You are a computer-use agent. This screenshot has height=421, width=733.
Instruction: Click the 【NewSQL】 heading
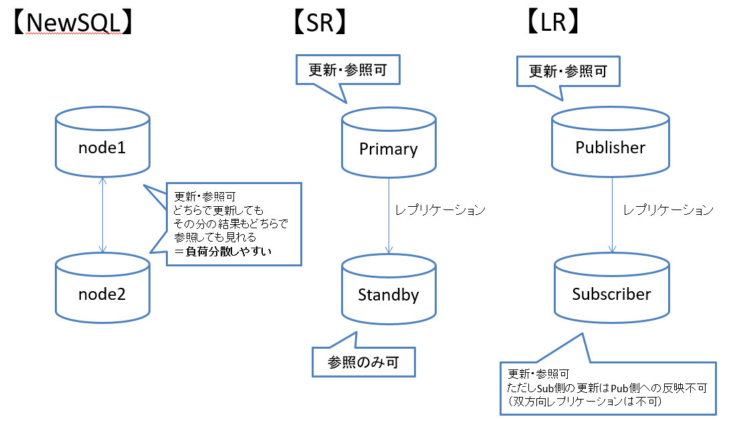73,23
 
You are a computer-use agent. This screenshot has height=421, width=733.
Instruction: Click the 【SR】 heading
320,23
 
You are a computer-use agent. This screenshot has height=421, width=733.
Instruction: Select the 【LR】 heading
553,22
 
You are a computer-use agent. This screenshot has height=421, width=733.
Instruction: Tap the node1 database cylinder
102,142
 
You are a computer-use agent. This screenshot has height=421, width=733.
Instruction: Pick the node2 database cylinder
102,288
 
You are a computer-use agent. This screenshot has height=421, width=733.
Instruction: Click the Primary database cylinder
389,143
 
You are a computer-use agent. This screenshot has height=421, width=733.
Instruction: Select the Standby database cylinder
389,289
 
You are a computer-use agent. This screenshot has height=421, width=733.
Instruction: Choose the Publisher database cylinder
611,142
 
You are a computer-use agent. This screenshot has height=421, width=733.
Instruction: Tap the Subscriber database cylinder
612,288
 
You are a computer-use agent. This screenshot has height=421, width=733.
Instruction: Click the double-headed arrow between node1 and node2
103,215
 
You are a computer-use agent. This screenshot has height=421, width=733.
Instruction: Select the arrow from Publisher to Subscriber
613,215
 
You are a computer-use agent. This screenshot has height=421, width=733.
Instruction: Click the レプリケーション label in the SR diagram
440,210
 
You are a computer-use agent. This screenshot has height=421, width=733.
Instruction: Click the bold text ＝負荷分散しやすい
223,252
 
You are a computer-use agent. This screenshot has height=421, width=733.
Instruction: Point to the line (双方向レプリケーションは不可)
585,402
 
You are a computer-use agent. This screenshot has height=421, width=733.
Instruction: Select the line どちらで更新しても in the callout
218,210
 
